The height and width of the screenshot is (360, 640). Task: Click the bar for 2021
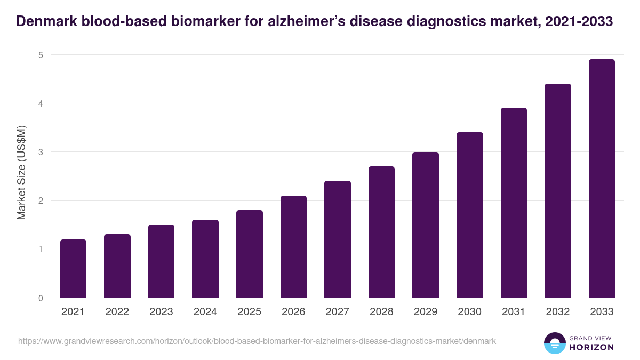(73, 269)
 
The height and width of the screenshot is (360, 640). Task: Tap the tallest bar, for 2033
(602, 179)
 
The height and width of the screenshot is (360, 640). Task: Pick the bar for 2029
(426, 225)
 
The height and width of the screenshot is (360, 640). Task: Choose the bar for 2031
(514, 203)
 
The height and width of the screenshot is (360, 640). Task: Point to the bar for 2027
(338, 239)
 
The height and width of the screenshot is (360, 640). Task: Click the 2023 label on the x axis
(161, 312)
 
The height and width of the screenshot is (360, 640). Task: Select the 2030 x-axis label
(469, 312)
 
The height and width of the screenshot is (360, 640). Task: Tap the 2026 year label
(293, 312)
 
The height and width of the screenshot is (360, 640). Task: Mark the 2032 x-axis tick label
(557, 312)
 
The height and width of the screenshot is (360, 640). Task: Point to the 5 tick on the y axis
(41, 55)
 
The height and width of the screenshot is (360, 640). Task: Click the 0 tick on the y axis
(41, 298)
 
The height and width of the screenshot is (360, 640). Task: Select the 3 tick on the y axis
(41, 152)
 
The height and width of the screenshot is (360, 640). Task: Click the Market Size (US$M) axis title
(21, 172)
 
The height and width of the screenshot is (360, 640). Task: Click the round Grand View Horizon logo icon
(554, 343)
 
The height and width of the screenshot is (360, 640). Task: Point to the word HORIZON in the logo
(591, 347)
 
